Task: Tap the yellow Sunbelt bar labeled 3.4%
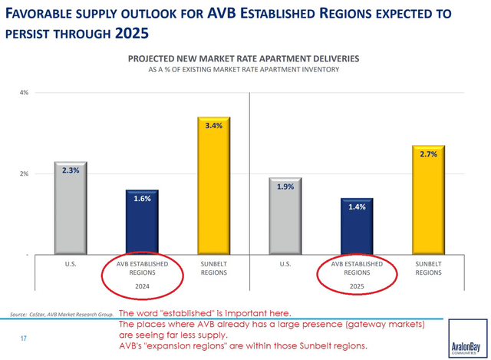(x=213, y=188)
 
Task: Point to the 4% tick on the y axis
(x=25, y=93)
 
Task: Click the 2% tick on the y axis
(x=25, y=174)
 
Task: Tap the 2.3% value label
(x=71, y=171)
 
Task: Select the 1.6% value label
(x=142, y=198)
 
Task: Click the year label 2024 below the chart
(x=142, y=286)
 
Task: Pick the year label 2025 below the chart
(x=357, y=286)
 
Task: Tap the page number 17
(x=23, y=336)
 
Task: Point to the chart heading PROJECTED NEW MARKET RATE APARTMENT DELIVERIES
(x=243, y=58)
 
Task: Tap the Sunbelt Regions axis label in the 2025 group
(x=428, y=268)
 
